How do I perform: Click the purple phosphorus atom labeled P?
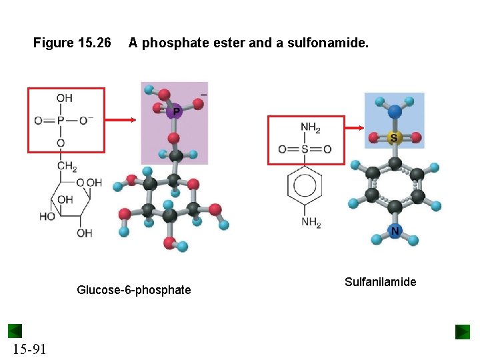pyautogui.click(x=176, y=112)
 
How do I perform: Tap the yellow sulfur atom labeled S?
pyautogui.click(x=393, y=139)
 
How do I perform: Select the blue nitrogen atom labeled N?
pyautogui.click(x=395, y=231)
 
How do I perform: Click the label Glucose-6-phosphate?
pyautogui.click(x=133, y=290)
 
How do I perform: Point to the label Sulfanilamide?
pyautogui.click(x=380, y=282)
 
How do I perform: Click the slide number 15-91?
pyautogui.click(x=29, y=349)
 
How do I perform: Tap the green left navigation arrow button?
pyautogui.click(x=15, y=331)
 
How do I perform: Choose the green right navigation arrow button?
pyautogui.click(x=463, y=331)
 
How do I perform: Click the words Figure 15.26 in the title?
pyautogui.click(x=72, y=43)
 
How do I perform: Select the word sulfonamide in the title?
pyautogui.click(x=333, y=43)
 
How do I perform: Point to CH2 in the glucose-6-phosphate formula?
pyautogui.click(x=67, y=167)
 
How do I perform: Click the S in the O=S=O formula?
pyautogui.click(x=305, y=149)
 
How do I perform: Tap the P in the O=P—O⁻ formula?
pyautogui.click(x=61, y=121)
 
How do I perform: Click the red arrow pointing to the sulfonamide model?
pyautogui.click(x=354, y=129)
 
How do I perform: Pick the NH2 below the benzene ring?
pyautogui.click(x=310, y=222)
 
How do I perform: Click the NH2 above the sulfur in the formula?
pyautogui.click(x=310, y=127)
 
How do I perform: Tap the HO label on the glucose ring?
pyautogui.click(x=47, y=217)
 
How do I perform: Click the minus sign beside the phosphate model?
pyautogui.click(x=203, y=95)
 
